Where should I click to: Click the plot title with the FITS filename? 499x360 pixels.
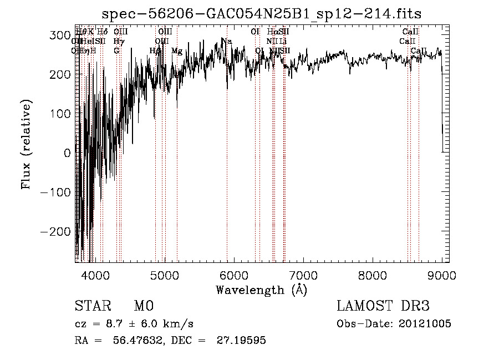[262, 13]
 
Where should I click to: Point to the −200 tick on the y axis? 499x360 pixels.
[57, 231]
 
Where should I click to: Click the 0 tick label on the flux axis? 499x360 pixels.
[67, 153]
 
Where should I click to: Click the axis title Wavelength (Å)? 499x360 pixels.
[262, 290]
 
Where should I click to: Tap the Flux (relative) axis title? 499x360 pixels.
[27, 144]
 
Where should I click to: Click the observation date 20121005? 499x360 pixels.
[425, 324]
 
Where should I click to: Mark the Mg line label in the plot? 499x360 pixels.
[177, 51]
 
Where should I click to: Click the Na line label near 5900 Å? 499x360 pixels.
[227, 41]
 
